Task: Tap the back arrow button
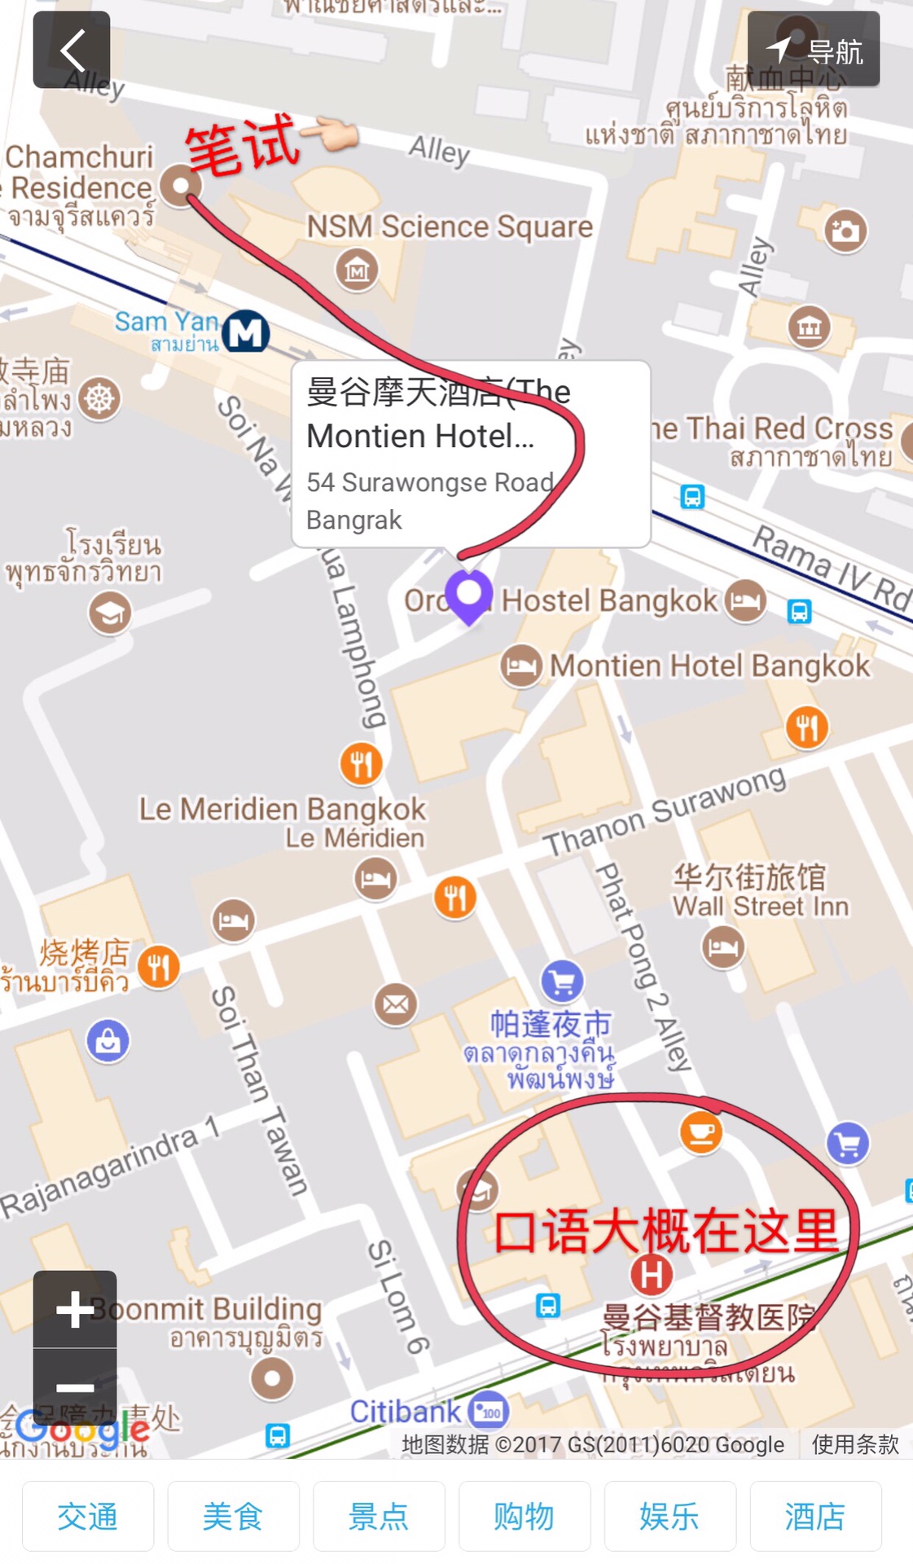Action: [x=72, y=50]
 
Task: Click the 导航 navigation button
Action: [x=814, y=50]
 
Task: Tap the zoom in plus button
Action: [x=75, y=1309]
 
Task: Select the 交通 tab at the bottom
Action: [x=88, y=1516]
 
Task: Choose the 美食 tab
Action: [x=233, y=1516]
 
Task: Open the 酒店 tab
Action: [x=815, y=1516]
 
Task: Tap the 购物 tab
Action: [x=525, y=1516]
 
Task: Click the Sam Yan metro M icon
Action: [x=246, y=332]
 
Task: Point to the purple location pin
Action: [x=469, y=595]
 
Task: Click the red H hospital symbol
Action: [x=652, y=1275]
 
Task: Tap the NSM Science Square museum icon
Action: [x=357, y=269]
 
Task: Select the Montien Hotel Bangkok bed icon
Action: [x=521, y=666]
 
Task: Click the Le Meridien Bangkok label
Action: [x=282, y=809]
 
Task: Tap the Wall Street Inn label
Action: [x=760, y=906]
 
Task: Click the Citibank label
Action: [x=405, y=1412]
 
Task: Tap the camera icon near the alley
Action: [x=845, y=231]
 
